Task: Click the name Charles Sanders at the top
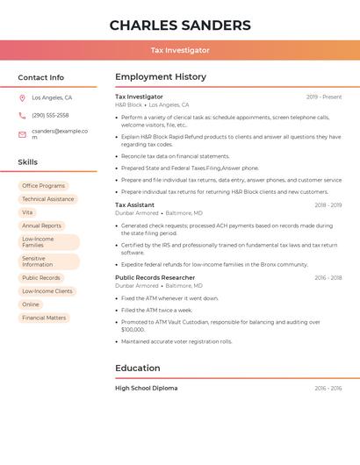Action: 180,25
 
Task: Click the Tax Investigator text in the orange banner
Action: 180,50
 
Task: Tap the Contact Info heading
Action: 41,77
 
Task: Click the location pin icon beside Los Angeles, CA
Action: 22,98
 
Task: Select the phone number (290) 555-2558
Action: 50,115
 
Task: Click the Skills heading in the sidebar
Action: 28,162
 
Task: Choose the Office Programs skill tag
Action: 44,186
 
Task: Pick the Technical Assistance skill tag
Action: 47,199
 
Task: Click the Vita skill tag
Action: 27,212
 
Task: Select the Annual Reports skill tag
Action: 41,225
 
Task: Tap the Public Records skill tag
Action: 41,278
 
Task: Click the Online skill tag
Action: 31,304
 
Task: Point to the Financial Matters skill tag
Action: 44,318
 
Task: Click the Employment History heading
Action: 161,77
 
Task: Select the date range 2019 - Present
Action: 324,97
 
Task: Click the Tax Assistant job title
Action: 134,205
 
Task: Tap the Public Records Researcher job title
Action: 155,277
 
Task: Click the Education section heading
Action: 138,368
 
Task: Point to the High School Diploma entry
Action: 146,388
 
